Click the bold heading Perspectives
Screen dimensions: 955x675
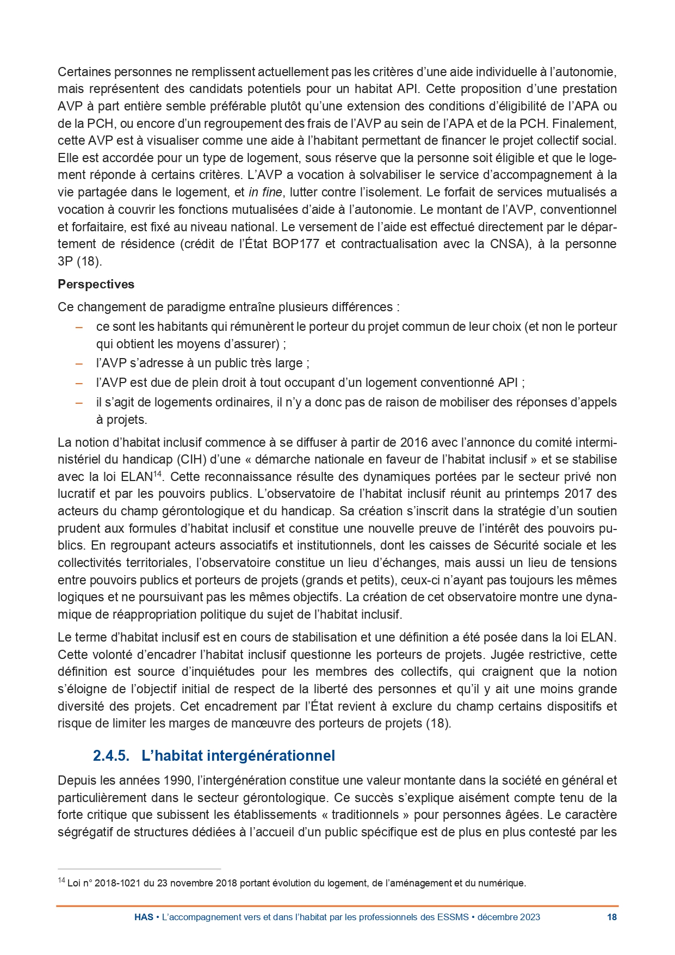(96, 285)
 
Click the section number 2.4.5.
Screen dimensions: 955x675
(111, 756)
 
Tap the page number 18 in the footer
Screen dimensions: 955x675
(612, 917)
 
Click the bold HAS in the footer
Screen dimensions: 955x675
(144, 917)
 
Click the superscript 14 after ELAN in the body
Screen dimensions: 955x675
(158, 474)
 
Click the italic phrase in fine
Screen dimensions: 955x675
(265, 193)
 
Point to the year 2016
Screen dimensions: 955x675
(414, 442)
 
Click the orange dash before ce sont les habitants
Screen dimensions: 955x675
(79, 327)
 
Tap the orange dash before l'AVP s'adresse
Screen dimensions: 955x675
(79, 363)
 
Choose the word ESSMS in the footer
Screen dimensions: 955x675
(453, 917)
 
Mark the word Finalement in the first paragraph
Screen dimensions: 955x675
(589, 124)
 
